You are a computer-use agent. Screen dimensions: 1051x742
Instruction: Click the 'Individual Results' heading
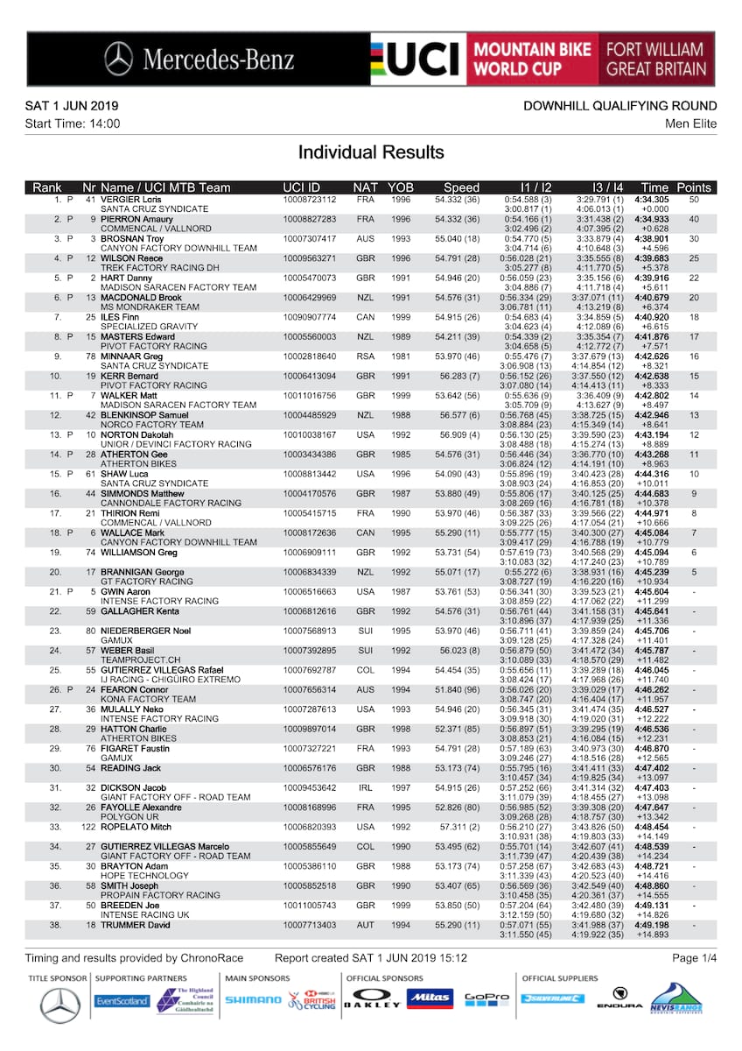coord(370,152)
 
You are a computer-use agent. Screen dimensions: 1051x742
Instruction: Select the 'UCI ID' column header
coord(302,187)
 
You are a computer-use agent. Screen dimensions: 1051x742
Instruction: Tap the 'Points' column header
coord(694,187)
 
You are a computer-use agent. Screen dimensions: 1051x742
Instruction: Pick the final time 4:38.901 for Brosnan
coord(651,239)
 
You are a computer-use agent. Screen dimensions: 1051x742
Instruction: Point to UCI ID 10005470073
coord(310,278)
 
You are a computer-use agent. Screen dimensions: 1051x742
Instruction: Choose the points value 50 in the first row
coord(694,201)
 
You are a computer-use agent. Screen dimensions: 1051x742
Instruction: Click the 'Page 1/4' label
coord(694,958)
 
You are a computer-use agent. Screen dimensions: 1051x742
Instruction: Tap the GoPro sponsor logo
coord(486,998)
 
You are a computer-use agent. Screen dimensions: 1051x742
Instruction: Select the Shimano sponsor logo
coord(254,999)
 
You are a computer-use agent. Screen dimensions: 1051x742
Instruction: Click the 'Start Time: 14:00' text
coord(73,123)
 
